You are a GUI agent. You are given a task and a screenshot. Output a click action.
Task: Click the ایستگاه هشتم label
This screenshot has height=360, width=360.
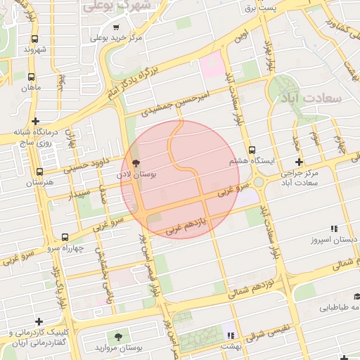click(x=248, y=161)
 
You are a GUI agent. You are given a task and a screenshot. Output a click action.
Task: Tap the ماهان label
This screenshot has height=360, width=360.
click(x=32, y=87)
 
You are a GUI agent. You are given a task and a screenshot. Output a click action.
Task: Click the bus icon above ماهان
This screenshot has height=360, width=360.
click(x=31, y=77)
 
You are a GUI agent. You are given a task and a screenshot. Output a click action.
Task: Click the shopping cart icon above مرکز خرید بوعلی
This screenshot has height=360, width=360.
click(x=116, y=27)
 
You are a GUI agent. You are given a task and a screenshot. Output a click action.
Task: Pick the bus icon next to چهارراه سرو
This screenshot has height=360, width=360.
click(x=65, y=237)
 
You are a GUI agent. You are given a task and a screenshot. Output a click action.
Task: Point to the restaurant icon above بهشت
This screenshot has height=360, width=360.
click(x=231, y=335)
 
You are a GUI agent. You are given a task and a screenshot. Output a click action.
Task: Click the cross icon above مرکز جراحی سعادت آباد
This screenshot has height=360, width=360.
click(x=299, y=162)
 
